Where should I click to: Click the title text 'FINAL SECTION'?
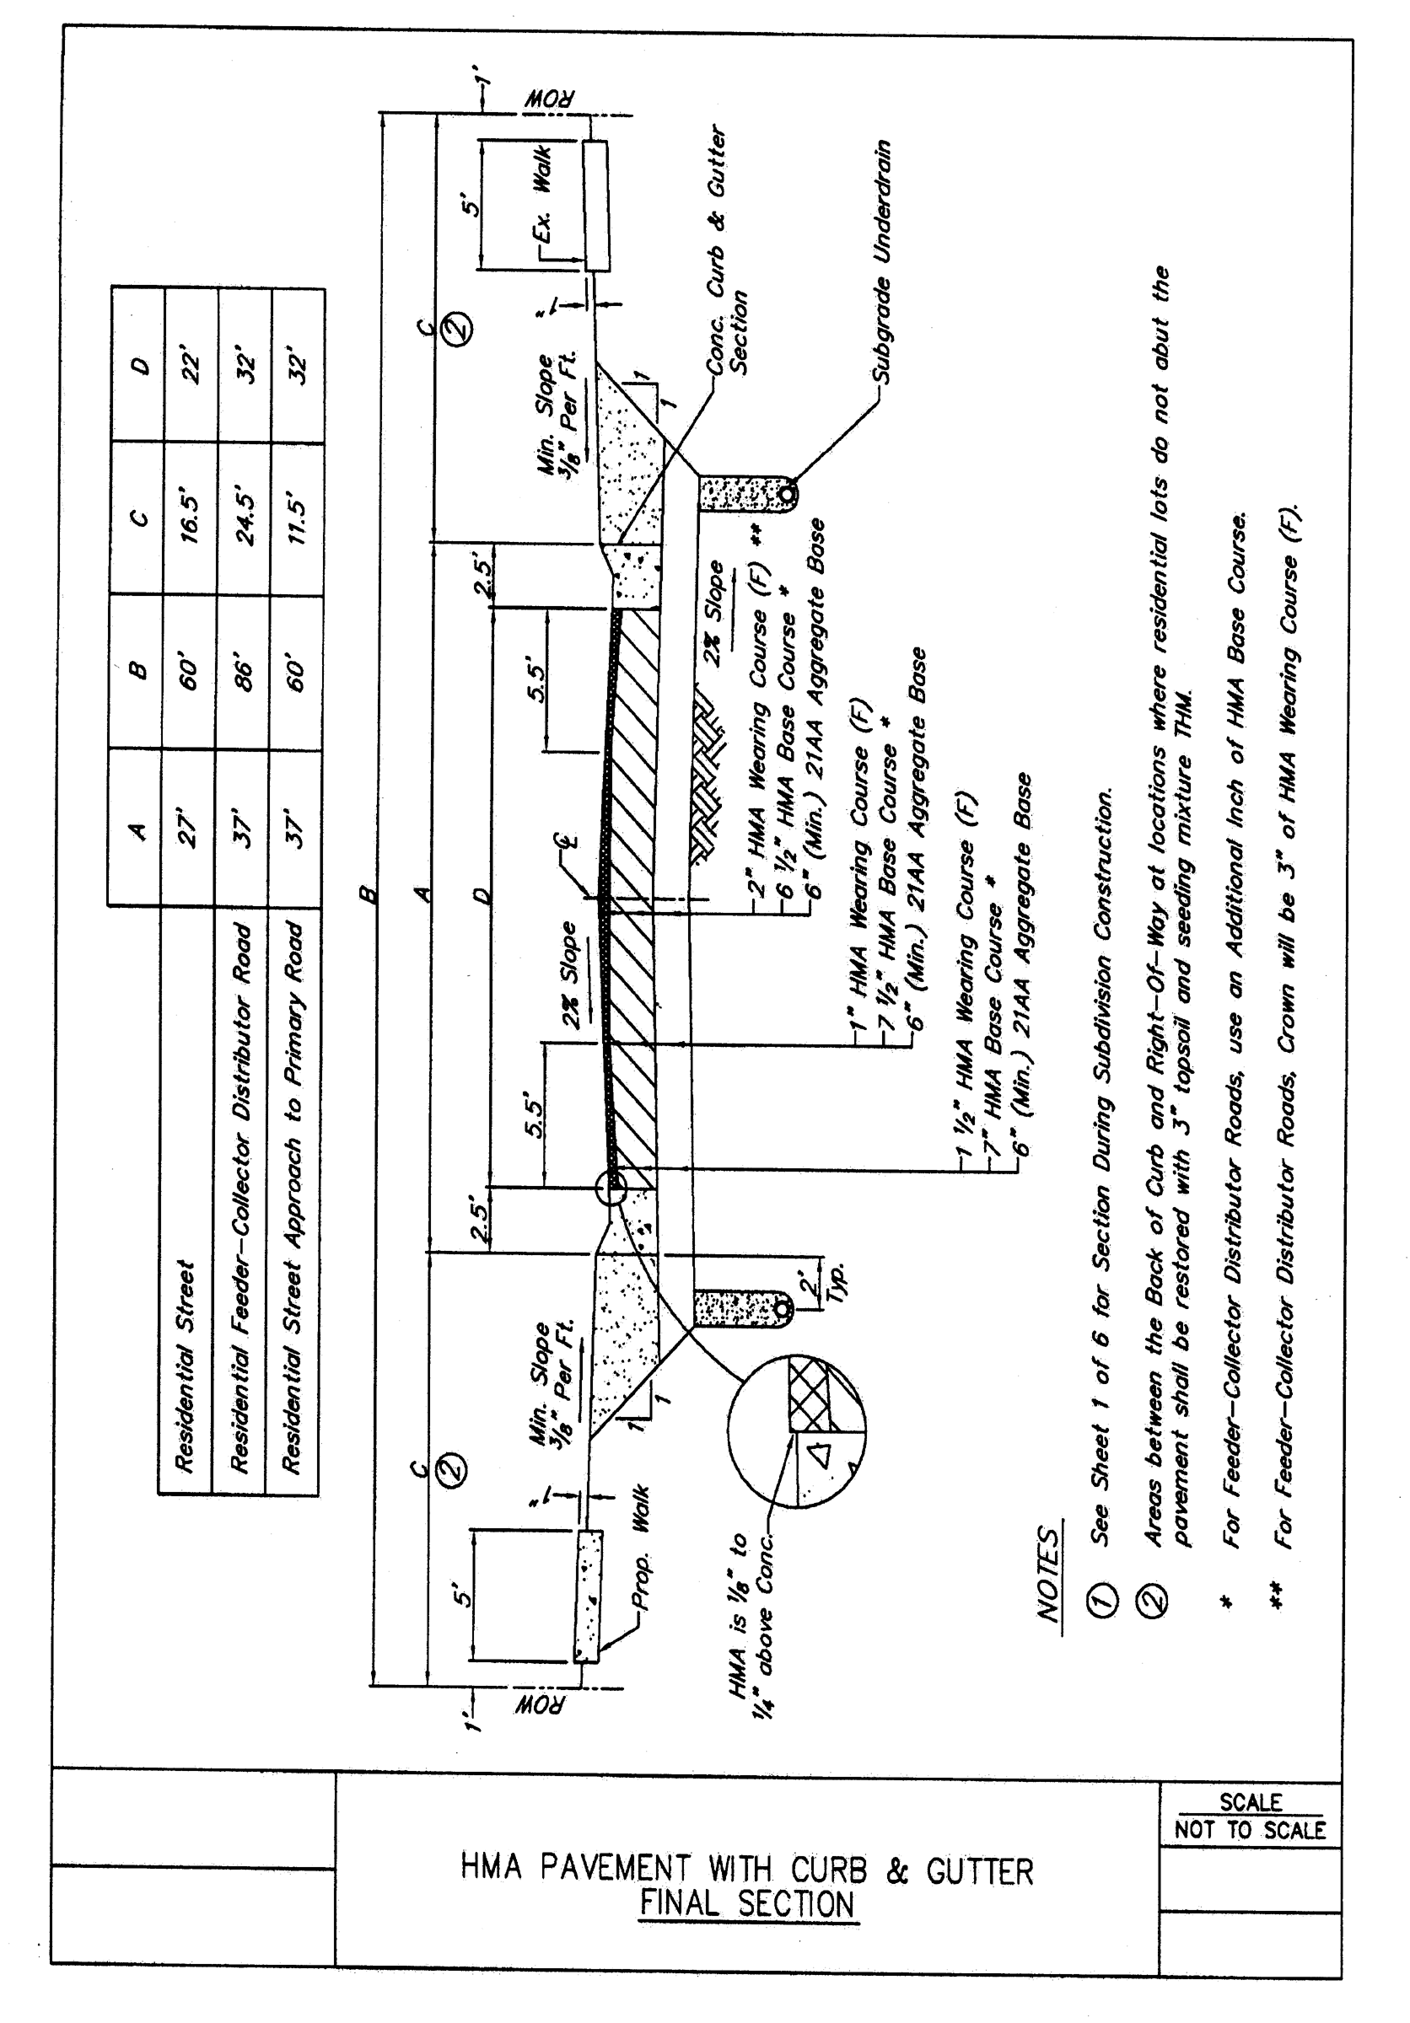point(746,1904)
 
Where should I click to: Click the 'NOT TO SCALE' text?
point(1250,1830)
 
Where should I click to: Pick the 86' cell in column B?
point(243,674)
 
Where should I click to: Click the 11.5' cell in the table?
point(297,520)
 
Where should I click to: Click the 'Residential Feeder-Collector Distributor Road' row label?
point(240,1199)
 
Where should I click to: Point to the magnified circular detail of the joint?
point(796,1431)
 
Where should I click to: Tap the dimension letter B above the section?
point(369,894)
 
